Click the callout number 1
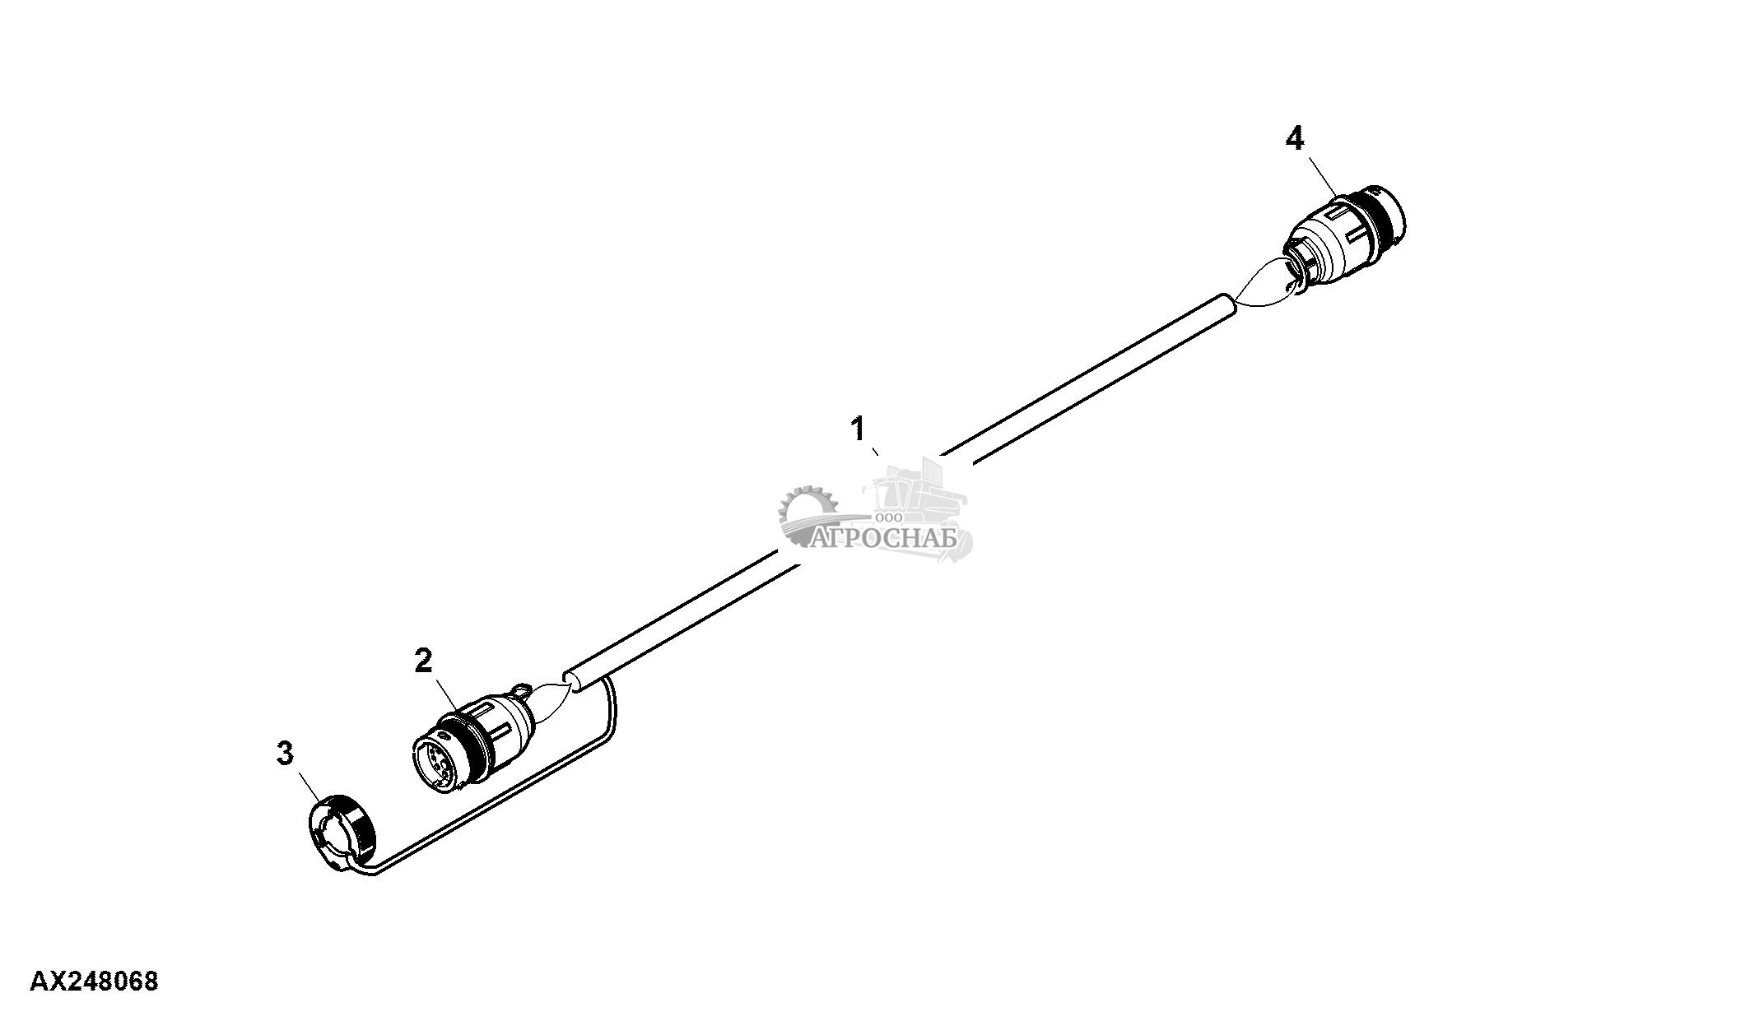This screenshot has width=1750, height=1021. pyautogui.click(x=858, y=429)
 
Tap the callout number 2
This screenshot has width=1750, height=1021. pyautogui.click(x=423, y=660)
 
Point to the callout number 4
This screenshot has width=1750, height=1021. pyautogui.click(x=1295, y=139)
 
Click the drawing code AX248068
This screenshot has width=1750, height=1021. pyautogui.click(x=94, y=982)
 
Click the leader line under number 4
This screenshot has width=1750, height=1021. pyautogui.click(x=1317, y=175)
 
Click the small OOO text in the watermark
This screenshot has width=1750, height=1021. pyautogui.click(x=890, y=517)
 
